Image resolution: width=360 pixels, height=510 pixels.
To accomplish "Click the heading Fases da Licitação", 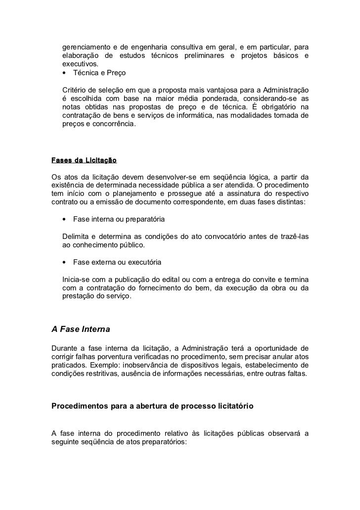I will (84, 160).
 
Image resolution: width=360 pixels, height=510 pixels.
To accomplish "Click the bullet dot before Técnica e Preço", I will (65, 74).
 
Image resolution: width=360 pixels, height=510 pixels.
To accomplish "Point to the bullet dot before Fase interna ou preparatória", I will (65, 219).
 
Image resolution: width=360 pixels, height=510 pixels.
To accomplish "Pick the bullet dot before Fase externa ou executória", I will (65, 262).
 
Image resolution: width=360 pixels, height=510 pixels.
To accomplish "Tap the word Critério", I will (76, 90).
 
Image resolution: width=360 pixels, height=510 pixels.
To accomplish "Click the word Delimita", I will (77, 236).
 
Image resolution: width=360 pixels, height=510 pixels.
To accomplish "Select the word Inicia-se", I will (78, 279).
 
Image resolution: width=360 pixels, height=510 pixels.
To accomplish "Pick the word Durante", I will (66, 347).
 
